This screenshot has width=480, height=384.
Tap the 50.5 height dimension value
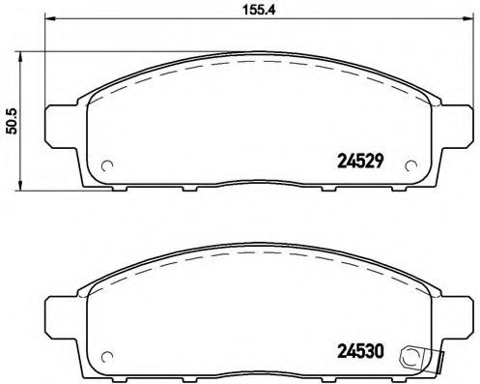point(13,123)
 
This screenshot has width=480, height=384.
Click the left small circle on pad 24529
point(108,162)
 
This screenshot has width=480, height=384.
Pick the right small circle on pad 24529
point(409,162)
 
